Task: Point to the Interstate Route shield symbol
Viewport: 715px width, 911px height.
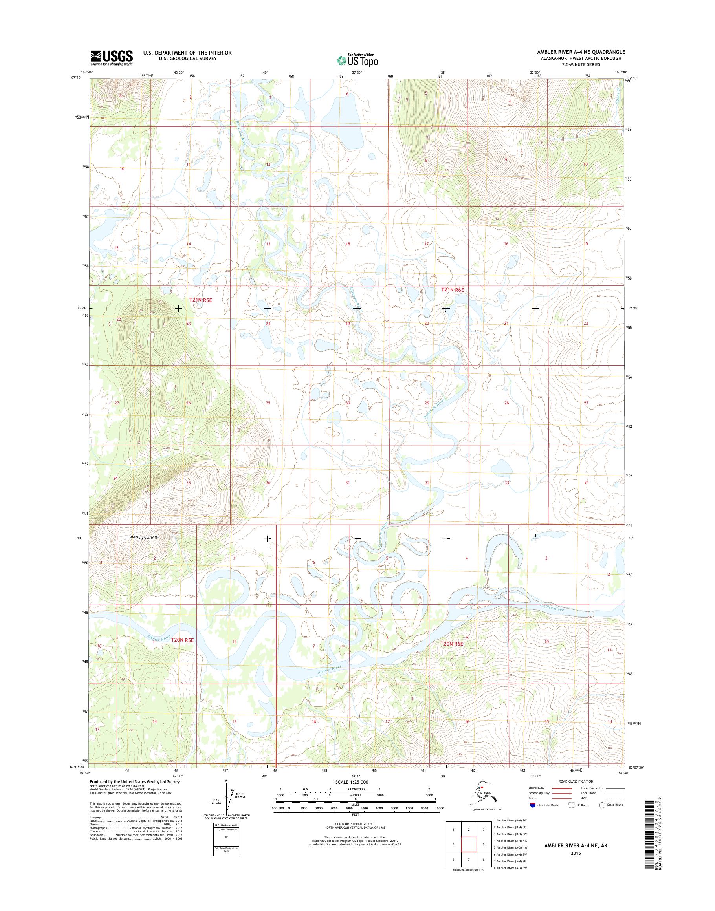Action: pyautogui.click(x=532, y=805)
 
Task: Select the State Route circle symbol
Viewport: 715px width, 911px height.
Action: pyautogui.click(x=602, y=805)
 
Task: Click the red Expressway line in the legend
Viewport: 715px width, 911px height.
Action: pyautogui.click(x=561, y=788)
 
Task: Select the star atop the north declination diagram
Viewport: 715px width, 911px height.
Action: pyautogui.click(x=226, y=781)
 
